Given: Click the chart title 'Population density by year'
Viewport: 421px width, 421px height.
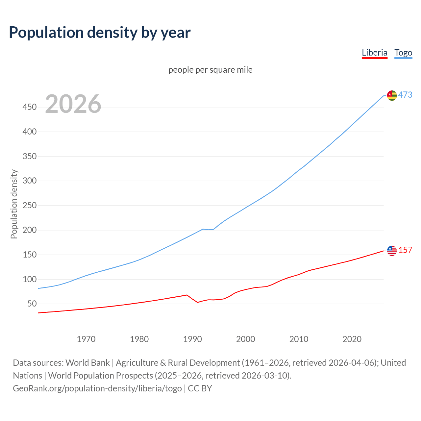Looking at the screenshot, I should (x=100, y=33).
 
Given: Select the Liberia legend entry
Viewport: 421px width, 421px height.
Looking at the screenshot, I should (x=374, y=53).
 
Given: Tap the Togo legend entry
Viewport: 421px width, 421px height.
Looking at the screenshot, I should (x=403, y=53).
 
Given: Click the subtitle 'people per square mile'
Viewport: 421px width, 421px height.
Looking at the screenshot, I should (x=210, y=70).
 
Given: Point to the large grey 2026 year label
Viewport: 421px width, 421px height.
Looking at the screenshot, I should (x=73, y=104).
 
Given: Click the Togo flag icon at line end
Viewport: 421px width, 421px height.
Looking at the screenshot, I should (x=392, y=95).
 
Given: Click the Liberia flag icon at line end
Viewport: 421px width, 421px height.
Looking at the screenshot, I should (x=392, y=251).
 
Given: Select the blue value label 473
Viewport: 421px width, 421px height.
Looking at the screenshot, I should (x=405, y=95).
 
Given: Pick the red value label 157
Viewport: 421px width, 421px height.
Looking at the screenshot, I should (x=405, y=250).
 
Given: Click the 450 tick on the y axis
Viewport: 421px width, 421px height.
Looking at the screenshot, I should (x=29, y=107).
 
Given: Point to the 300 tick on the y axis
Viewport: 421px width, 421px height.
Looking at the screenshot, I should (x=29, y=181).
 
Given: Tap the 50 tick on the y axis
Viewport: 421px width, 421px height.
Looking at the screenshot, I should (x=32, y=304).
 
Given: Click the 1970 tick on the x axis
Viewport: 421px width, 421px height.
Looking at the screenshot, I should (x=86, y=339).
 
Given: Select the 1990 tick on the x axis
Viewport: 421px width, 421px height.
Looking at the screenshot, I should (x=192, y=339).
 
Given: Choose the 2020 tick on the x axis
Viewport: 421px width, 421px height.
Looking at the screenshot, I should (x=352, y=339).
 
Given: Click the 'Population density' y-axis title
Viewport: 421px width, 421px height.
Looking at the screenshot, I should (x=14, y=204).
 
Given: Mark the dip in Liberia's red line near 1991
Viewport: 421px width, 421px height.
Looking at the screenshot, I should (x=198, y=302).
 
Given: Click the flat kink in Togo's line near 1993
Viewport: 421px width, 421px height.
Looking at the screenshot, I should (x=208, y=229).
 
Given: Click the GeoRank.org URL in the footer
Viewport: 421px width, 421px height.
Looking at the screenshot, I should (x=97, y=388).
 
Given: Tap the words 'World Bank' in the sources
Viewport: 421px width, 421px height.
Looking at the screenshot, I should (x=87, y=363).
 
